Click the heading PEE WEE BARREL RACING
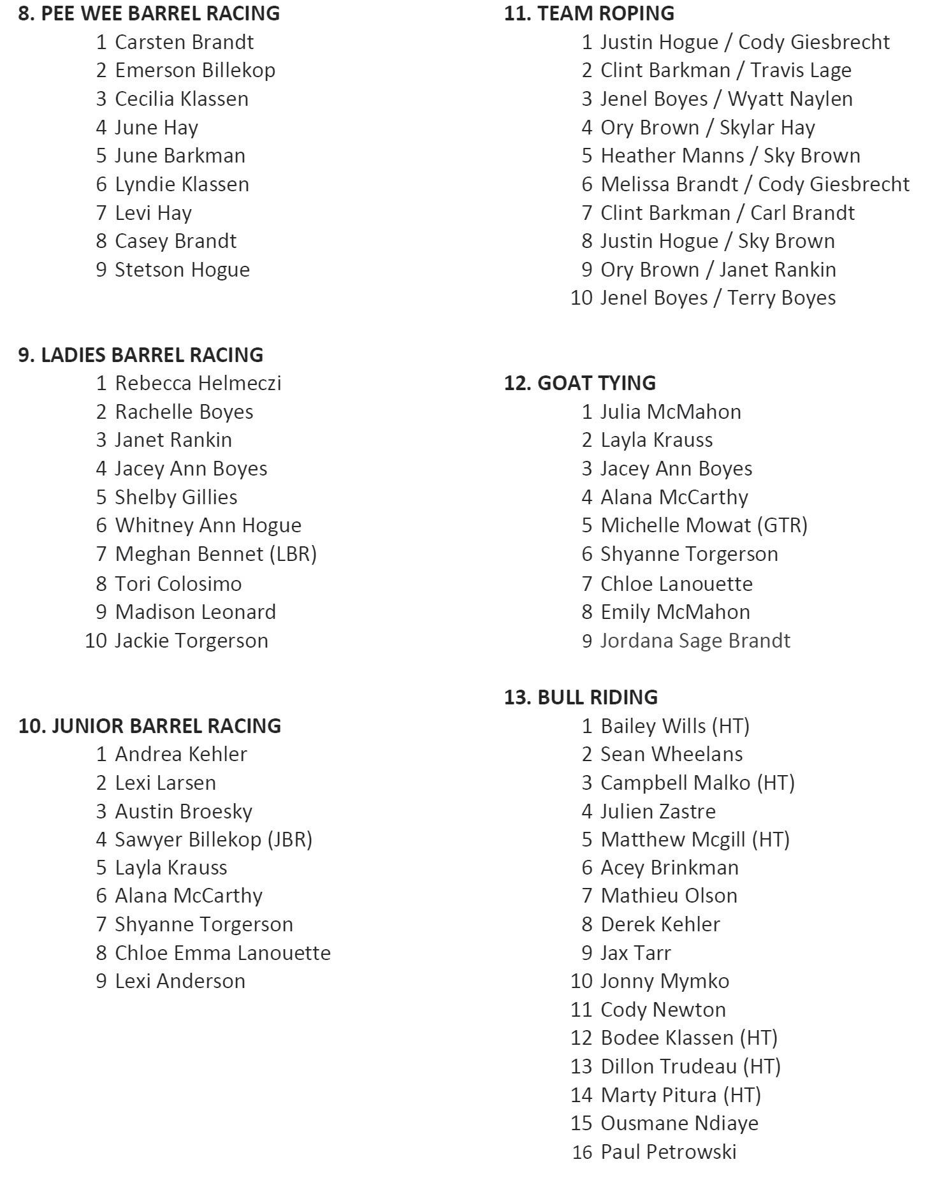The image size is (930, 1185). tap(149, 13)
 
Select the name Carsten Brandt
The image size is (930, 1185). tap(184, 42)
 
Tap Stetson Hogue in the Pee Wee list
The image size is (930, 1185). tap(182, 270)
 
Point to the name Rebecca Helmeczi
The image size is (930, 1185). tap(198, 383)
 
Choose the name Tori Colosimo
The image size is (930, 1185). tap(178, 584)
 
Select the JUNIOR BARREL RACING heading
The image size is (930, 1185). tap(149, 726)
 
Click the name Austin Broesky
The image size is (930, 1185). tap(183, 811)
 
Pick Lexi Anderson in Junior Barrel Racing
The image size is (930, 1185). tap(180, 981)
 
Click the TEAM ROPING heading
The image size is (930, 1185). tap(589, 13)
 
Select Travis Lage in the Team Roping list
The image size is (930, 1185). tap(801, 70)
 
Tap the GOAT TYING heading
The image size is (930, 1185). tap(579, 383)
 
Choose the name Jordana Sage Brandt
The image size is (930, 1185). tap(695, 641)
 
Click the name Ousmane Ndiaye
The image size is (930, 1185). tap(679, 1123)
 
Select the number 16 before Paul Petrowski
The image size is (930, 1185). tap(581, 1152)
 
